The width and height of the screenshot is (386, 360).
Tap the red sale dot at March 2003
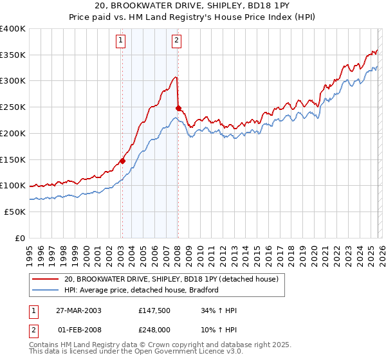tap(122, 161)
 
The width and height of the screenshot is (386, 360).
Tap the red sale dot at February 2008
tap(178, 108)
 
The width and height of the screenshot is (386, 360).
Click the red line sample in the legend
tap(45, 279)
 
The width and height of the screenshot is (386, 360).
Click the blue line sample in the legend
tap(45, 290)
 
